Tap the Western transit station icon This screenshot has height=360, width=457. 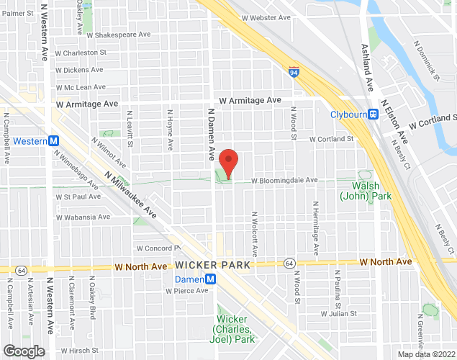[55, 141]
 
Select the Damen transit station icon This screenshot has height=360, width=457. [210, 279]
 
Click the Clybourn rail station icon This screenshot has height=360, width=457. [374, 114]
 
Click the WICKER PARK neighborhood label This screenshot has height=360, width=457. [217, 265]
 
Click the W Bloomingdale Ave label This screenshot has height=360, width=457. [284, 180]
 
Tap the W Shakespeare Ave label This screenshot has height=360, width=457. [118, 34]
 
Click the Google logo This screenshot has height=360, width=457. [23, 351]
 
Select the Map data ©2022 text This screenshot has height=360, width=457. [426, 354]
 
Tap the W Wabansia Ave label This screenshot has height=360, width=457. [83, 216]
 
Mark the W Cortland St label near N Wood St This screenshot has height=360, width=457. [332, 139]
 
